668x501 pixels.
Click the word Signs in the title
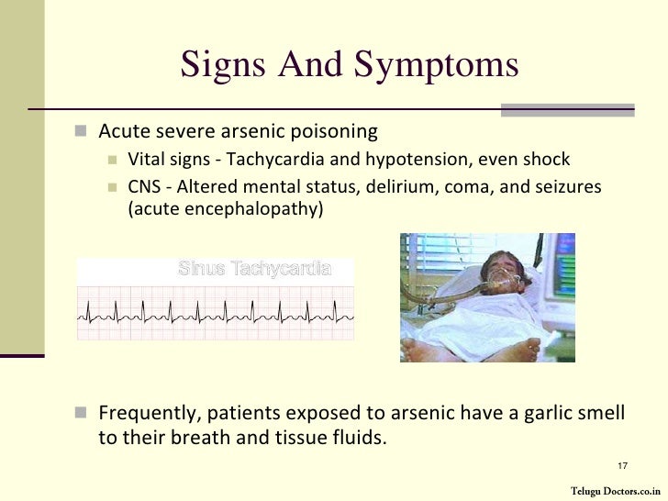click(x=217, y=66)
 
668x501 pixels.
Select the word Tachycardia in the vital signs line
click(x=266, y=159)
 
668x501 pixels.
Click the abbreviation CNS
click(x=143, y=187)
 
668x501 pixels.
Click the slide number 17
click(x=621, y=464)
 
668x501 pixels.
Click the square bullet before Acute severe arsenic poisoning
click(x=79, y=129)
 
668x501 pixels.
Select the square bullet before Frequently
click(x=79, y=412)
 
